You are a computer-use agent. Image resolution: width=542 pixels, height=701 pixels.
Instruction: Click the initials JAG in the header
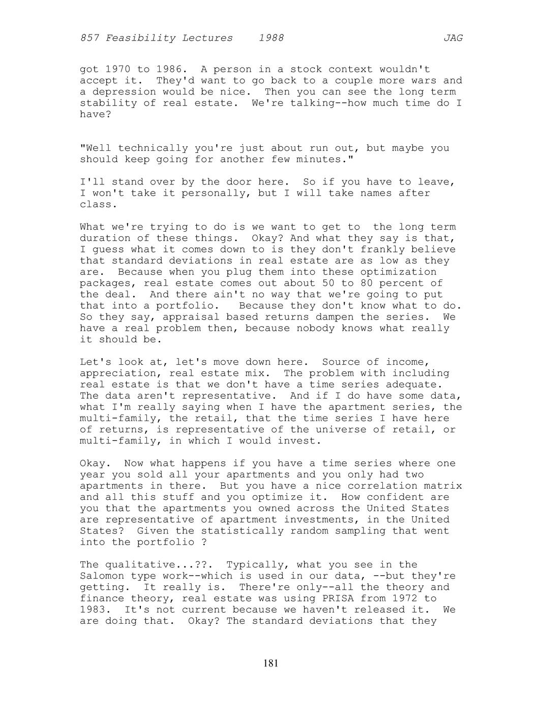(x=453, y=38)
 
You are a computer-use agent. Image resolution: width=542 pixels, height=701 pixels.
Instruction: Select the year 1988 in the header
(x=271, y=38)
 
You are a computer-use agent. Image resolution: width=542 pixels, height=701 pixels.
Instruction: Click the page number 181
(x=271, y=663)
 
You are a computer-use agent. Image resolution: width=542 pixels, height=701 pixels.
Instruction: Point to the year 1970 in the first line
(x=118, y=69)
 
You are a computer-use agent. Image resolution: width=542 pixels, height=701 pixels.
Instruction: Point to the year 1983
(x=93, y=610)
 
